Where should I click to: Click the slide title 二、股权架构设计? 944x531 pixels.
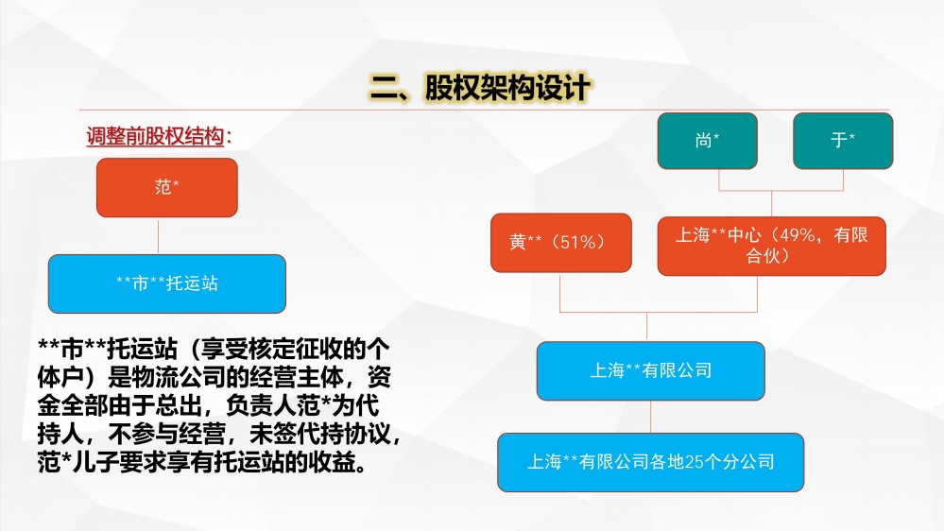tap(480, 88)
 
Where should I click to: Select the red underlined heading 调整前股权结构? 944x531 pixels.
tap(155, 136)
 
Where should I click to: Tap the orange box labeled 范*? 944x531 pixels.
tap(166, 187)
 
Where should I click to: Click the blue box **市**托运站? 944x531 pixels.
tap(166, 283)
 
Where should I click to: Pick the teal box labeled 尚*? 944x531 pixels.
tap(708, 140)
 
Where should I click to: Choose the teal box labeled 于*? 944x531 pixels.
tap(843, 140)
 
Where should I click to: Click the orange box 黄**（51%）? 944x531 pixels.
tap(561, 242)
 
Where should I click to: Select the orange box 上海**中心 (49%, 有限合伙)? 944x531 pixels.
tap(771, 246)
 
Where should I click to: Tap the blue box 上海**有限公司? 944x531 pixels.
tap(651, 370)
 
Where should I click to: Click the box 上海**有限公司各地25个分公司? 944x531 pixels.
tap(651, 462)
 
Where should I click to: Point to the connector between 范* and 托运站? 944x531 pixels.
tap(159, 236)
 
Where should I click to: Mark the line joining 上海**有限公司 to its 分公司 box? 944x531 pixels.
tap(651, 417)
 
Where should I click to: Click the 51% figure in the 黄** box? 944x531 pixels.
tap(578, 242)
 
